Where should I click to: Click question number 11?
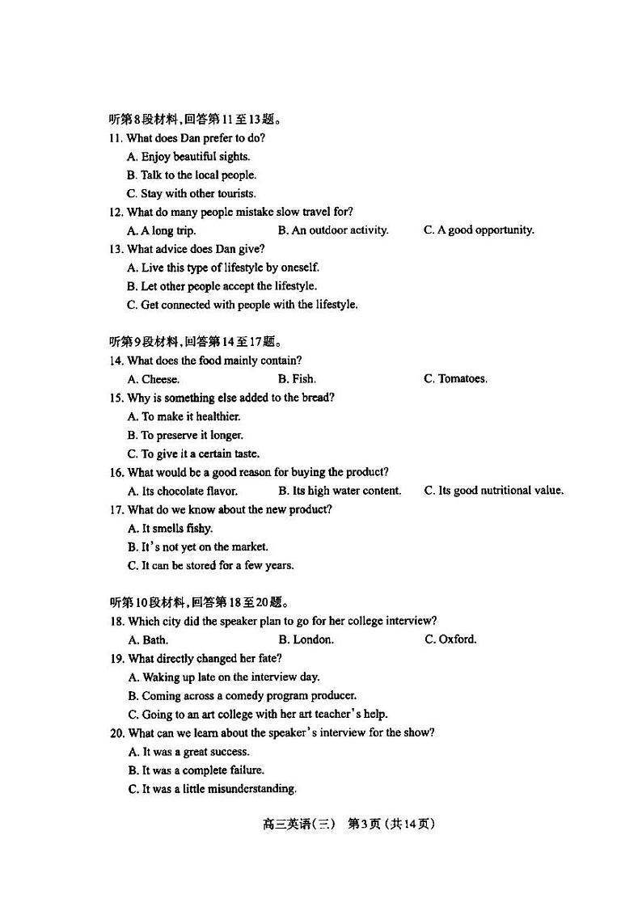coord(116,138)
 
